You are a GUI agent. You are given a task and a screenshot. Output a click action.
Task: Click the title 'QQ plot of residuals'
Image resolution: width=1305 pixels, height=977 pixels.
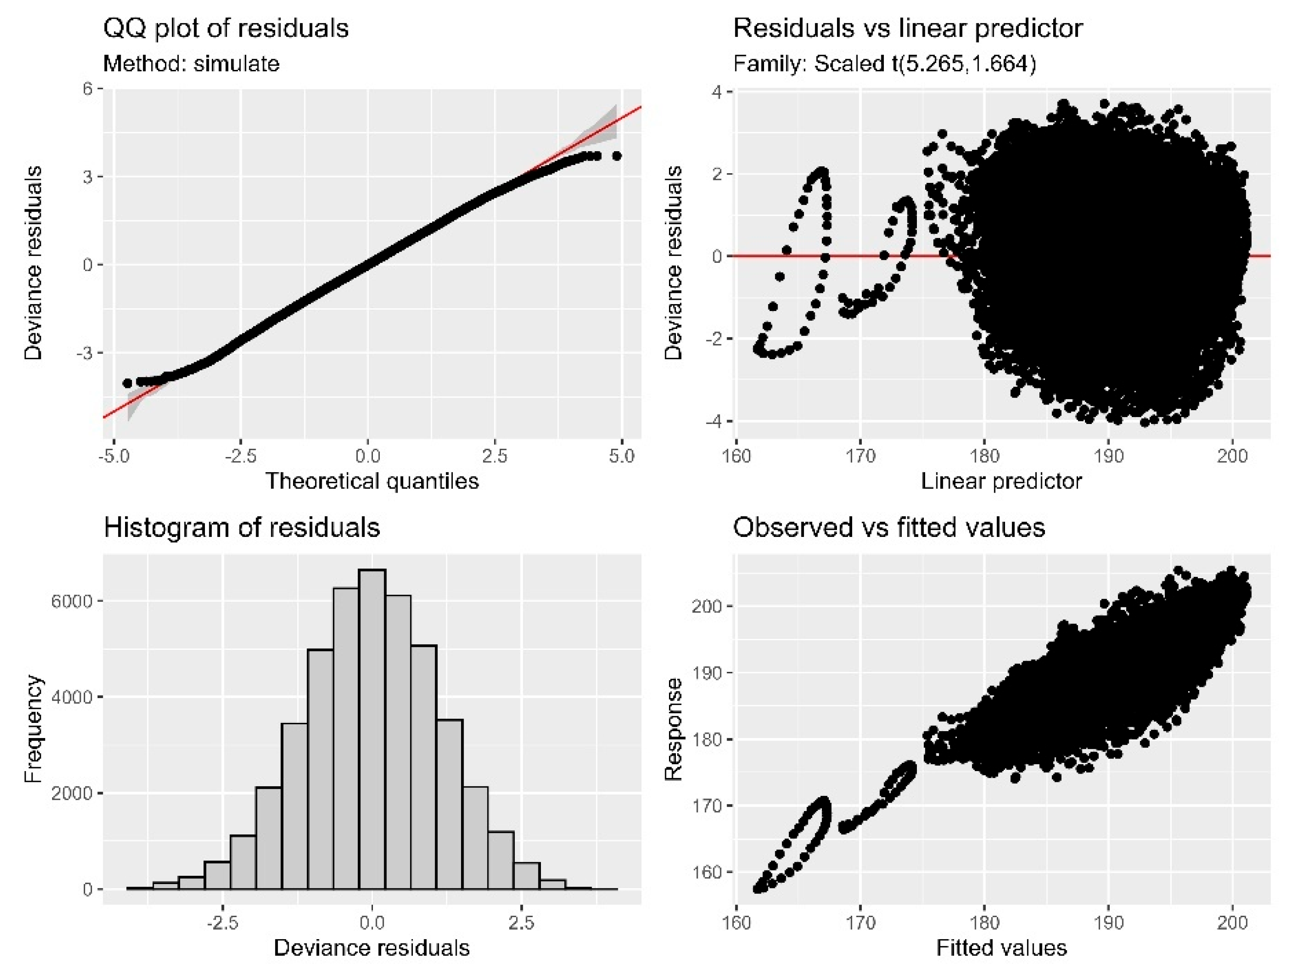click(x=226, y=28)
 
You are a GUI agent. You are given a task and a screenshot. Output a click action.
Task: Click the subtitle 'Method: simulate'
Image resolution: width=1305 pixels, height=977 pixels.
click(x=191, y=63)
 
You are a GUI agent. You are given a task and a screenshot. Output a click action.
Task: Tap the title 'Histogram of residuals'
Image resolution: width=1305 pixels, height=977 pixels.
click(x=242, y=527)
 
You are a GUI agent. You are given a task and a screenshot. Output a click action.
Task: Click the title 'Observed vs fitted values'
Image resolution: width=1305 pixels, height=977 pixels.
click(x=889, y=527)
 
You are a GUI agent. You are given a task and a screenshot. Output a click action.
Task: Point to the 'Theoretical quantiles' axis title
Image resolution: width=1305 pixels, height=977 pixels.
click(x=372, y=481)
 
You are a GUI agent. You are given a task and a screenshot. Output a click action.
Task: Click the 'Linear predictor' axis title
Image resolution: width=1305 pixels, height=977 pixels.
click(x=1001, y=481)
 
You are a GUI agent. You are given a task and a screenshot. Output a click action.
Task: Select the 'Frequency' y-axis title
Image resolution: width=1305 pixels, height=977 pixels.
click(x=33, y=729)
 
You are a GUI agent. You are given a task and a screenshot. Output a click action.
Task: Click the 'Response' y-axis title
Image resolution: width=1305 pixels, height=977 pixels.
click(x=673, y=729)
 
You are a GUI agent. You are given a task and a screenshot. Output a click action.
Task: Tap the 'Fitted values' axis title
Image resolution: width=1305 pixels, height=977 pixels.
click(x=1001, y=948)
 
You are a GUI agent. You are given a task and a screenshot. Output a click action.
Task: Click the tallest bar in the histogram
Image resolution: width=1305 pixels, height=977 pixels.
click(x=372, y=729)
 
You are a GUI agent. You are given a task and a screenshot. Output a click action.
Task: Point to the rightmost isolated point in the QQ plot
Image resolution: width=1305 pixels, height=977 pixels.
click(x=616, y=156)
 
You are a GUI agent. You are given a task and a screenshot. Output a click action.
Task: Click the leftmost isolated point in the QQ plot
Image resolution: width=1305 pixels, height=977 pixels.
click(x=127, y=383)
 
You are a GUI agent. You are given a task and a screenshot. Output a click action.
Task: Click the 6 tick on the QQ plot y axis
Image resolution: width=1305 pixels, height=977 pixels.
click(x=88, y=89)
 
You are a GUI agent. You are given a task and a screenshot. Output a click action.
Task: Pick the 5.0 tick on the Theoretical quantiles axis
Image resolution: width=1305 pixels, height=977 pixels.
click(x=621, y=456)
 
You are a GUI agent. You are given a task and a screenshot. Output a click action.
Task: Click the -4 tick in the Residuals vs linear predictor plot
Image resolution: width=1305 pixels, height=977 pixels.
click(x=715, y=421)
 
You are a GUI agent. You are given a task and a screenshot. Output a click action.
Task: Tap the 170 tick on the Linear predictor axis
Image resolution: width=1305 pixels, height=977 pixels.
click(x=860, y=456)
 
